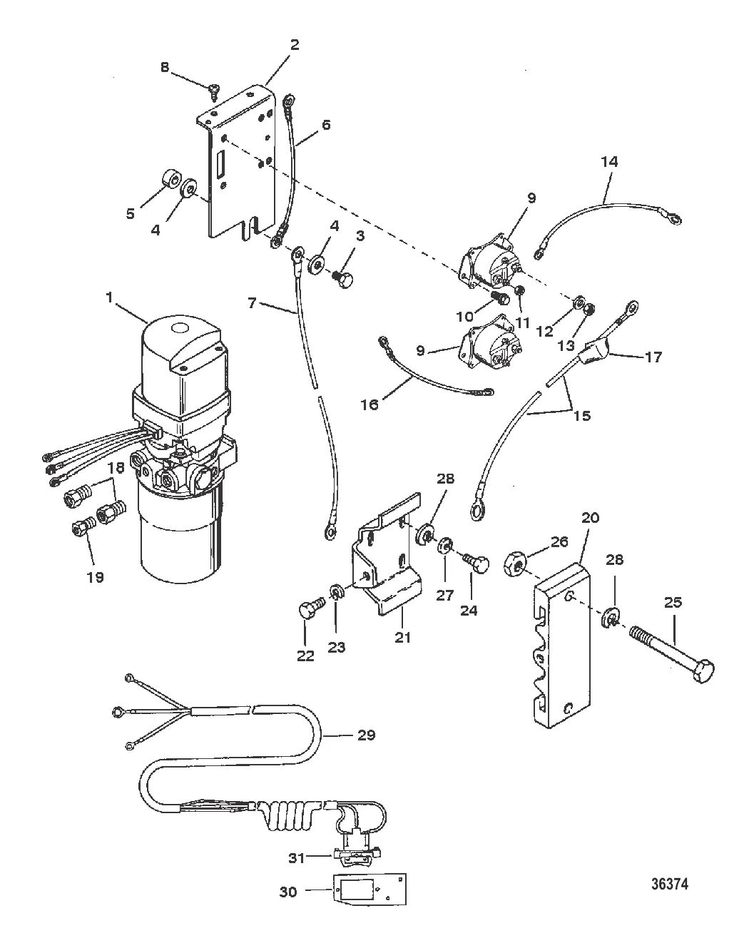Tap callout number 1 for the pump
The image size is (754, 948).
110,298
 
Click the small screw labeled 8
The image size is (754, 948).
215,92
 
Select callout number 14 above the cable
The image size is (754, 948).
609,162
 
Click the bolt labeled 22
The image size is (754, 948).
312,606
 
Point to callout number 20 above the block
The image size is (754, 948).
590,518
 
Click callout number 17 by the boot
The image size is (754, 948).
653,357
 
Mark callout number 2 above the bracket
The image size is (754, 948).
295,44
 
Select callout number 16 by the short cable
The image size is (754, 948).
370,404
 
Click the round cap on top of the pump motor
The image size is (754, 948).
180,329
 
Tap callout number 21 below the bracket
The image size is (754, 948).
402,637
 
